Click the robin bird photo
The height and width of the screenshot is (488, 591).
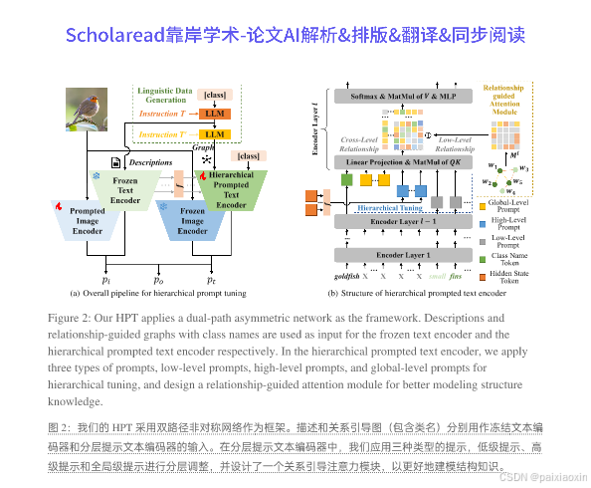click(87, 110)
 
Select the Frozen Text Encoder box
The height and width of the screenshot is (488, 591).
click(126, 186)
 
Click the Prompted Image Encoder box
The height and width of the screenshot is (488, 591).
click(88, 220)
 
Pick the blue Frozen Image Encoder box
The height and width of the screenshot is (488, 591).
click(192, 220)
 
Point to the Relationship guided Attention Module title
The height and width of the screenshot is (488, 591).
click(502, 99)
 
